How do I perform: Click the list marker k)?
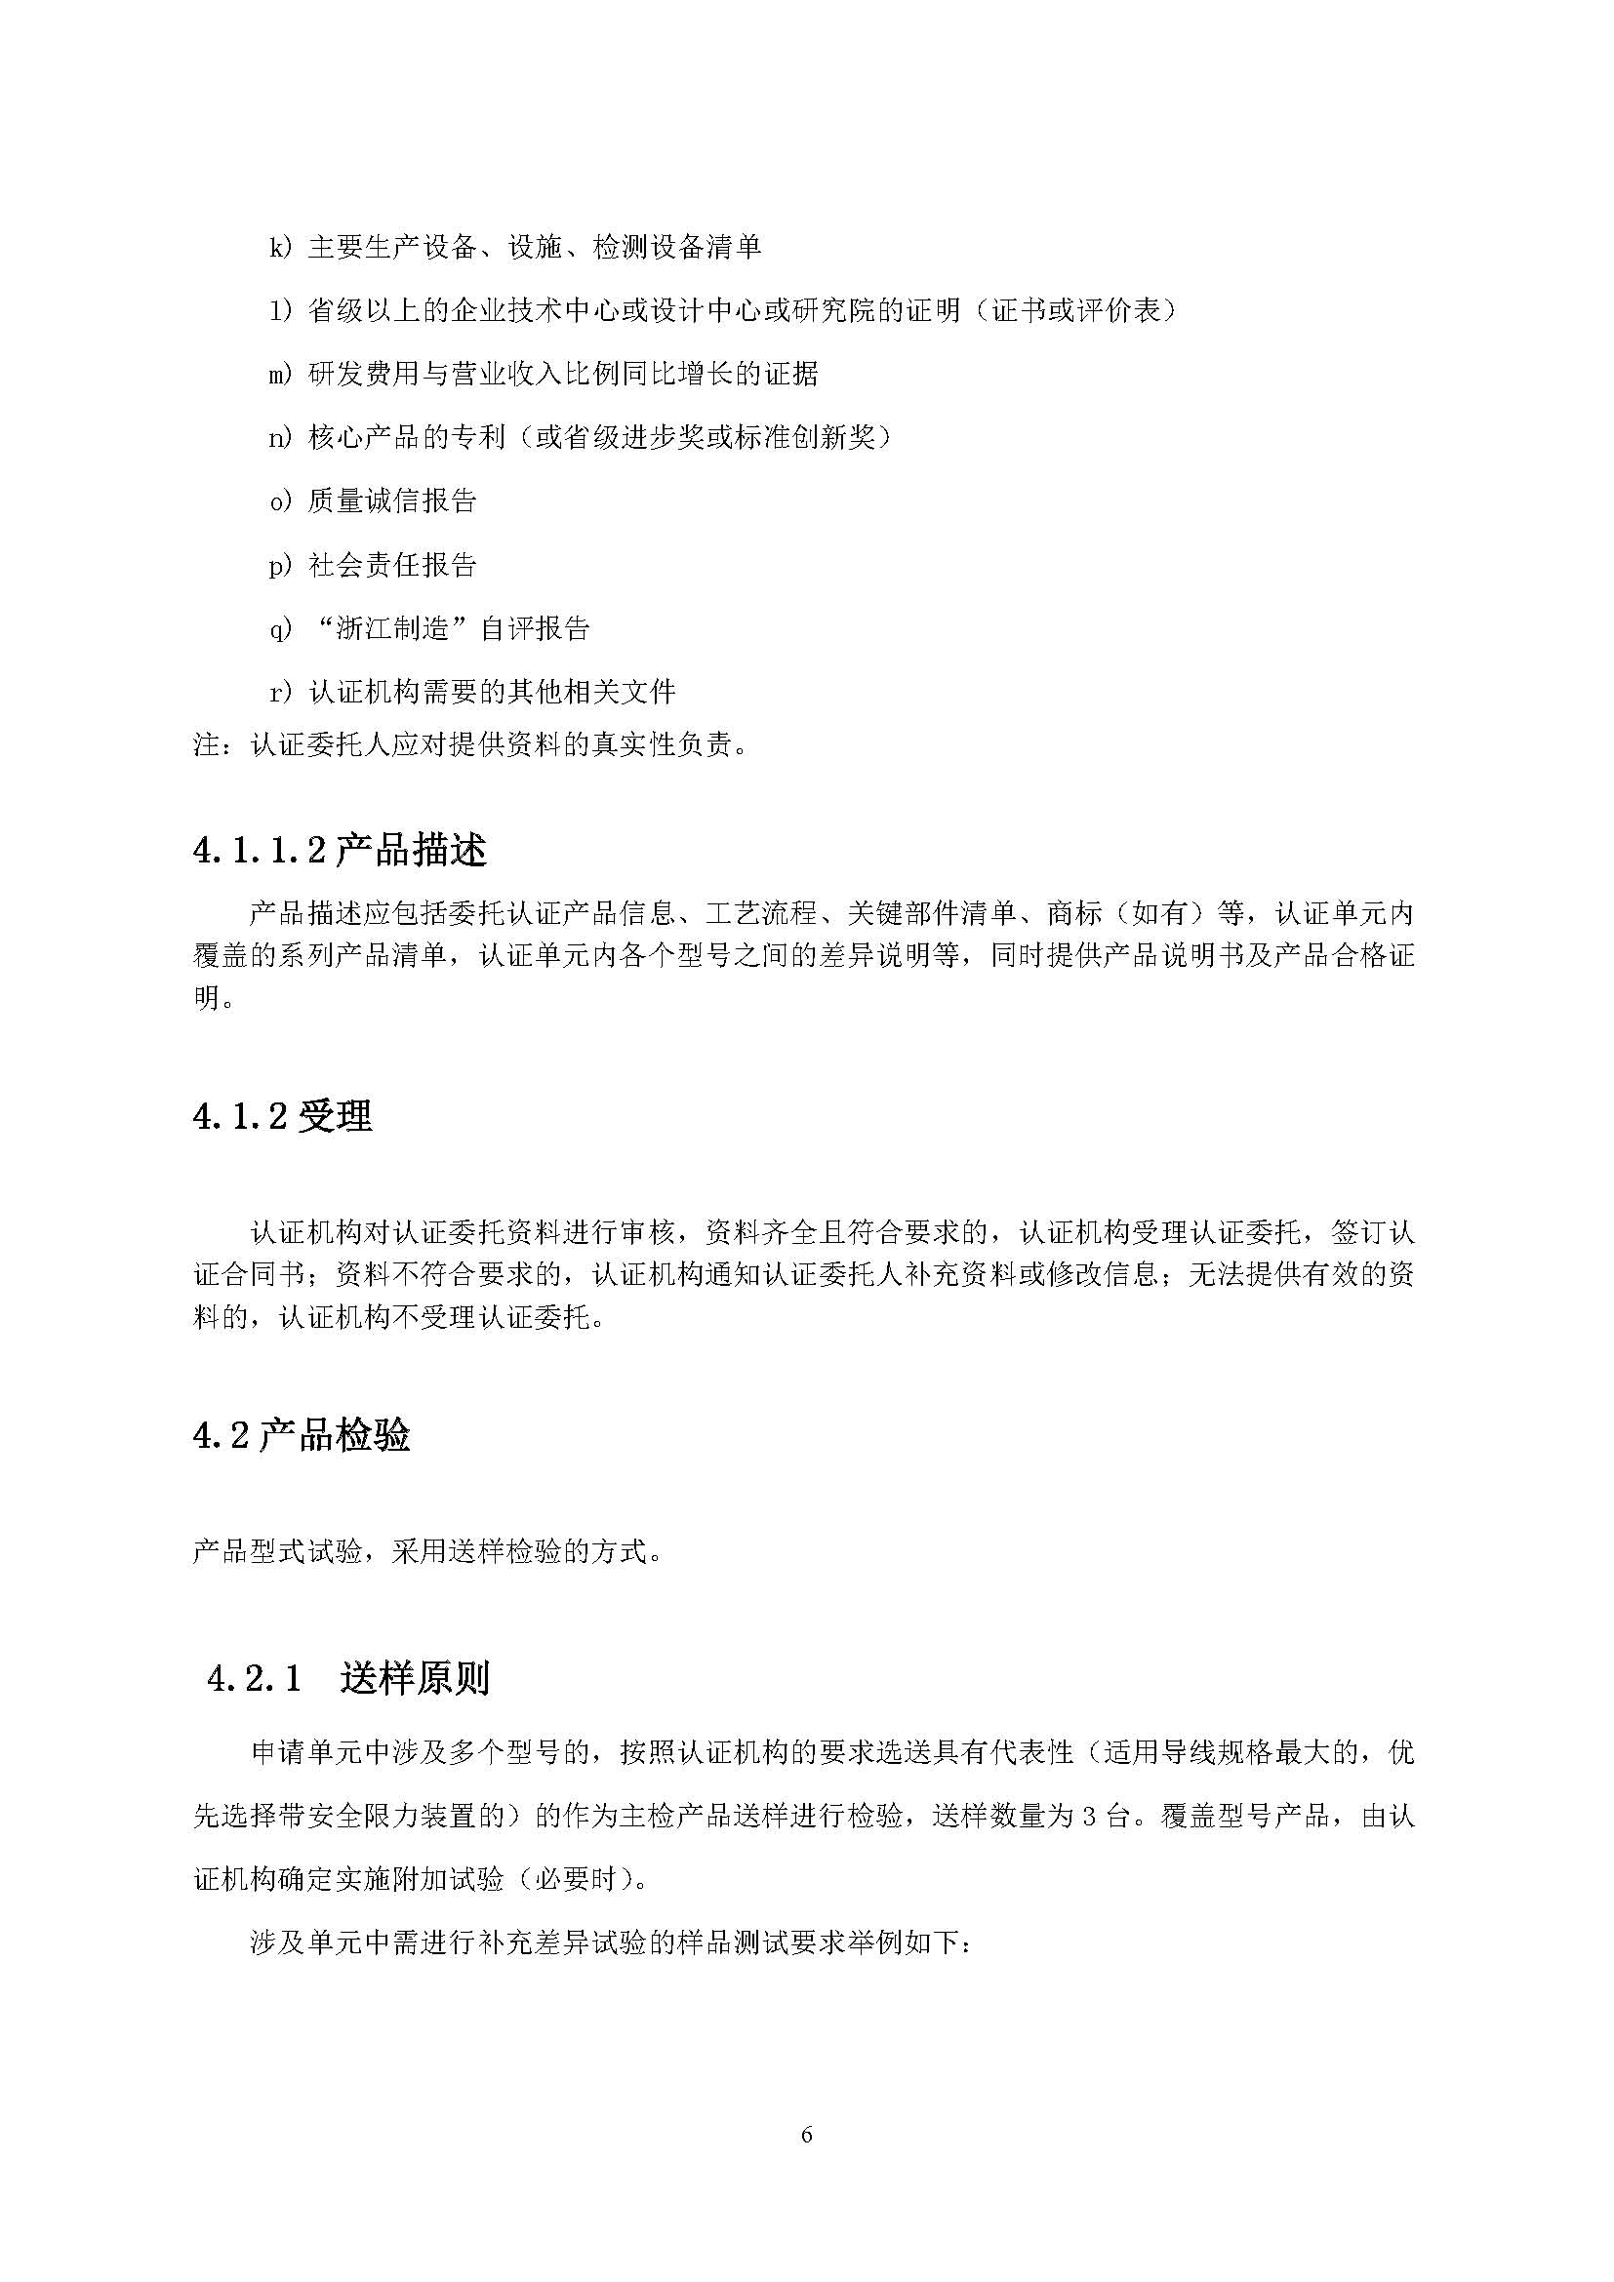[x=280, y=248]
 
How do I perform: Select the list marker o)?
[x=280, y=500]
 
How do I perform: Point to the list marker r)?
[x=280, y=692]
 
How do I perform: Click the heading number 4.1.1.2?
[x=260, y=851]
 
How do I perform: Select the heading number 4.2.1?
[x=254, y=1679]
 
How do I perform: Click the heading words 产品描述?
[x=412, y=851]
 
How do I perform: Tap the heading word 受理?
[x=335, y=1117]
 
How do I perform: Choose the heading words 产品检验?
[x=334, y=1435]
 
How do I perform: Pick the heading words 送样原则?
[x=415, y=1679]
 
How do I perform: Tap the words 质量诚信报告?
[x=392, y=500]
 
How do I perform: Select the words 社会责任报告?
[x=392, y=565]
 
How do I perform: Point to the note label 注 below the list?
[x=206, y=743]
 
